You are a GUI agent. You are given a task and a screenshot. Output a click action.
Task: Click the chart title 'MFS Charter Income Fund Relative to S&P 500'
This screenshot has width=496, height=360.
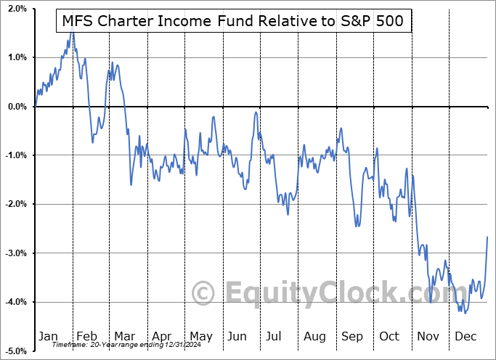click(x=233, y=22)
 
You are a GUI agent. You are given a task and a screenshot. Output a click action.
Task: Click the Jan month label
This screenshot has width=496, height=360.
click(x=48, y=337)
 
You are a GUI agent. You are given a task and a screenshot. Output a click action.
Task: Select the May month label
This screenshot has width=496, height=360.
click(x=200, y=337)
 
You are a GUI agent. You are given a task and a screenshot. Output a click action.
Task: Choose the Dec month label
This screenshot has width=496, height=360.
click(x=466, y=337)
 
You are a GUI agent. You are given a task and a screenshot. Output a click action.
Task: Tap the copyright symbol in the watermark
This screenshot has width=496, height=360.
click(x=203, y=293)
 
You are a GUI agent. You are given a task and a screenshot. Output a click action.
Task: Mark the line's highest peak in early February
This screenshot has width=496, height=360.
click(x=72, y=33)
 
